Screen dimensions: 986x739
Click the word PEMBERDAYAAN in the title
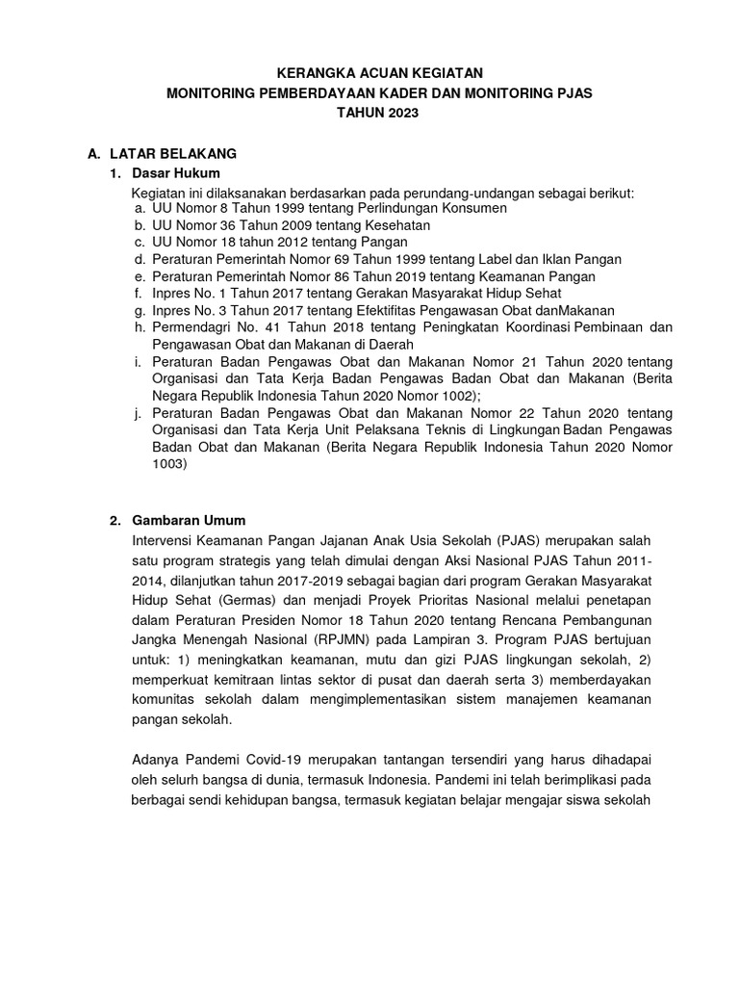[x=299, y=93]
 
